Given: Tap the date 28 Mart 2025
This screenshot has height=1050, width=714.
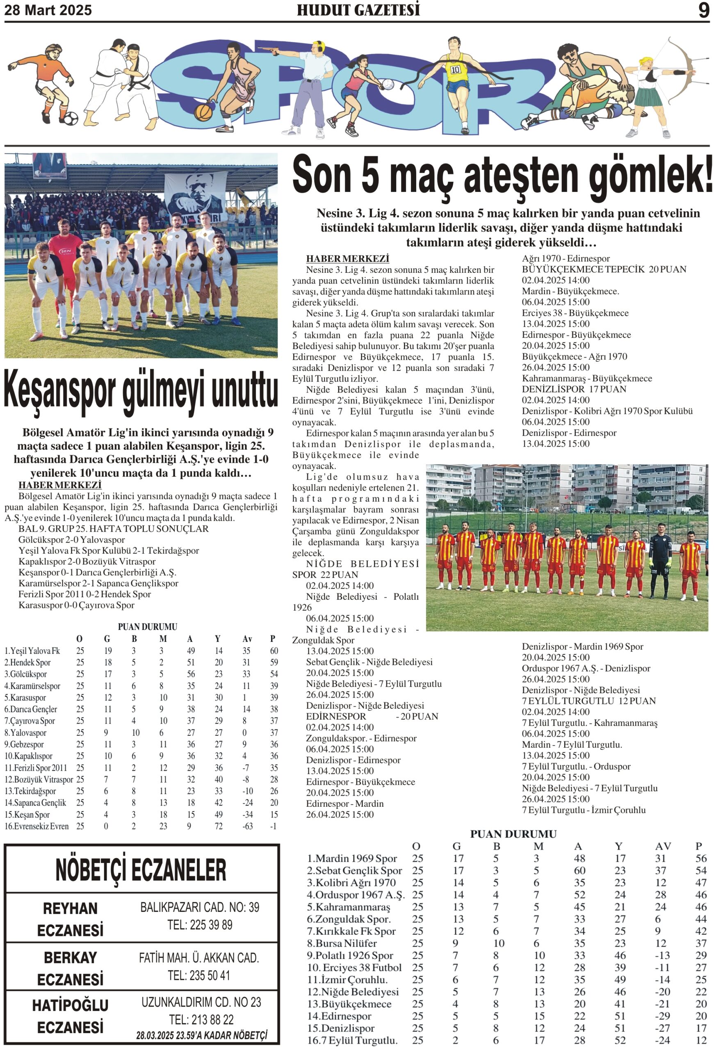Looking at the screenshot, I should pyautogui.click(x=48, y=10).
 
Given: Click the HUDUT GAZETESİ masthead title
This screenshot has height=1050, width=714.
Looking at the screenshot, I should pyautogui.click(x=358, y=10).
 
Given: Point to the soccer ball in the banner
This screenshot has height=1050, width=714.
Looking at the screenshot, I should pyautogui.click(x=71, y=119).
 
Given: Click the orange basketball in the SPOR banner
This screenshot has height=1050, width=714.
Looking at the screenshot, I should pyautogui.click(x=203, y=112).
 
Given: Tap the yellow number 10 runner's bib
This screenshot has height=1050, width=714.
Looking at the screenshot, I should pyautogui.click(x=455, y=70).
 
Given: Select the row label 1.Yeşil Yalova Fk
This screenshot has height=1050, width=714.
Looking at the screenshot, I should pyautogui.click(x=32, y=651).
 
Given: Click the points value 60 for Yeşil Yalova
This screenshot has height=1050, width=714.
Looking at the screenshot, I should pyautogui.click(x=274, y=651).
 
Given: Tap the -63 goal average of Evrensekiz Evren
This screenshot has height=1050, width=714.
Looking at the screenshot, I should pyautogui.click(x=247, y=826).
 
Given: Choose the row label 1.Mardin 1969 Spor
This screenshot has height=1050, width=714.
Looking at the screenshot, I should pyautogui.click(x=352, y=858).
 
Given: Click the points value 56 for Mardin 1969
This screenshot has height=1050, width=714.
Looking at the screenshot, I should pyautogui.click(x=700, y=858).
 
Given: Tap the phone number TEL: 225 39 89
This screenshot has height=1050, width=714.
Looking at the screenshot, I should pyautogui.click(x=200, y=925).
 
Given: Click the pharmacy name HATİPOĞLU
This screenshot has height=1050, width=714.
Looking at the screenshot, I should pyautogui.click(x=71, y=1005).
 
